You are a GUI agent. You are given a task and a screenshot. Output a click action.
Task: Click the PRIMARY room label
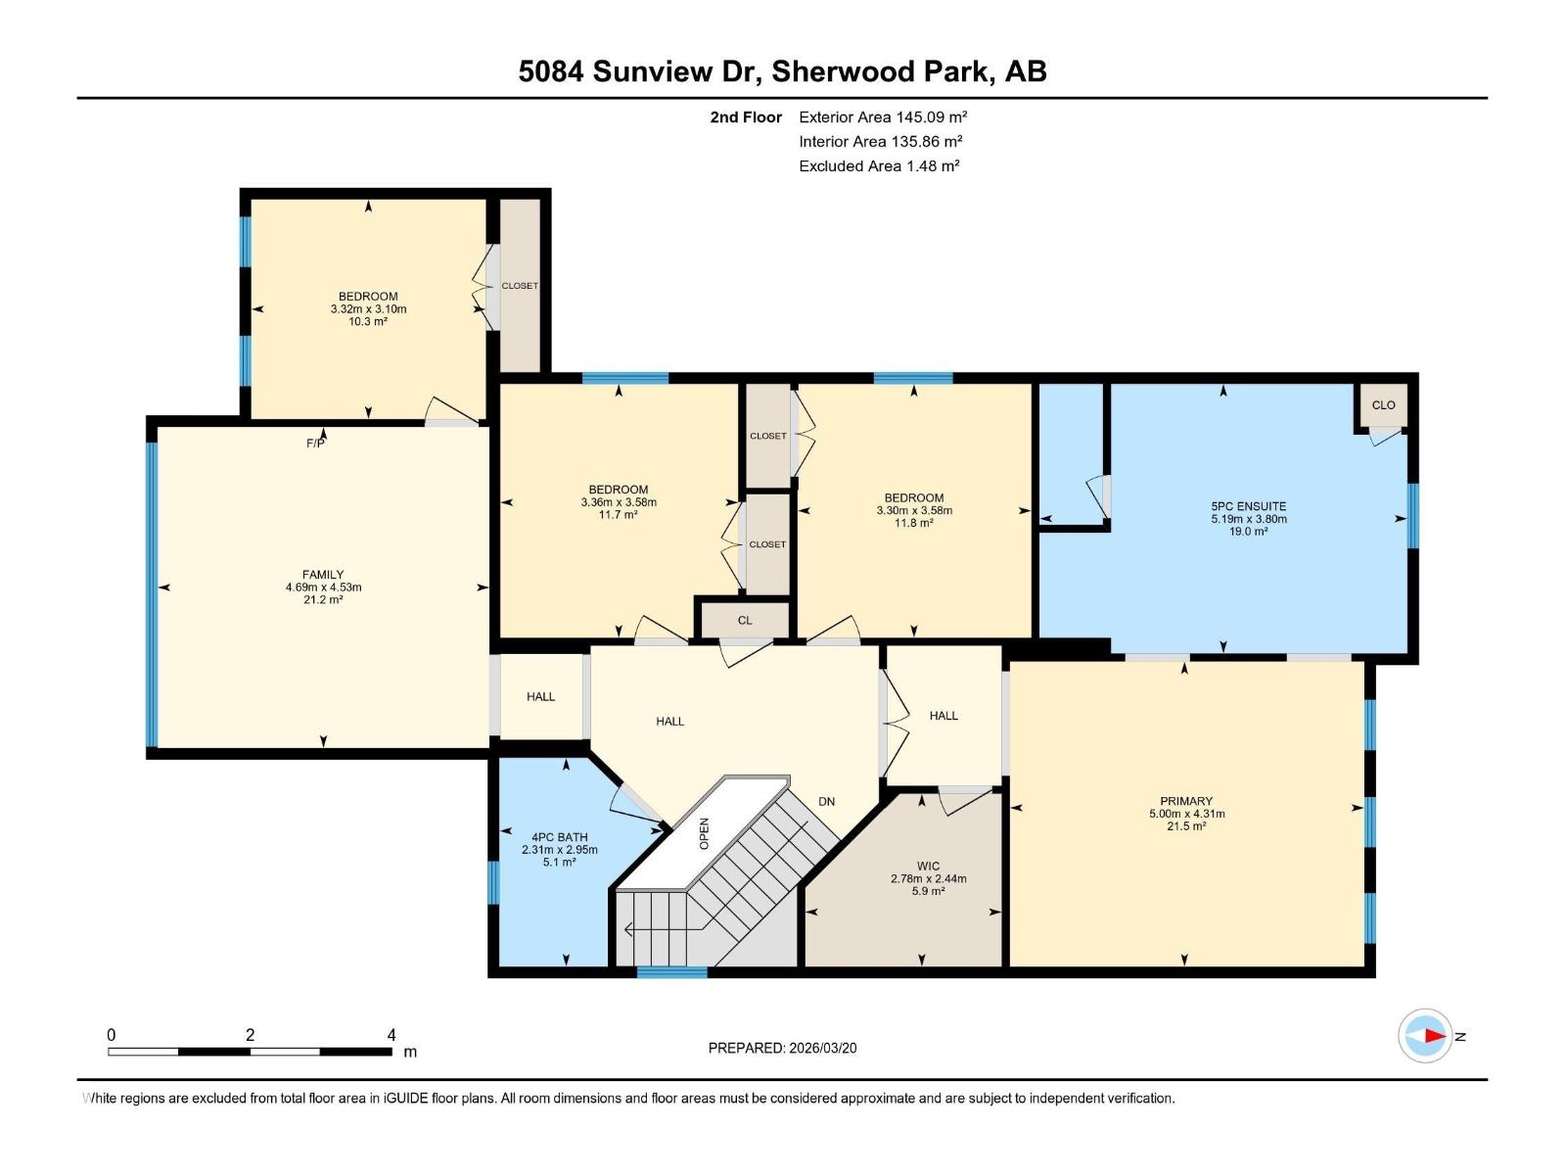coord(1186,801)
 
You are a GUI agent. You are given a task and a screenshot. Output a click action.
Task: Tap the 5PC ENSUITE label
coord(1248,506)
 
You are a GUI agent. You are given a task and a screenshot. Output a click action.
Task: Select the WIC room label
coord(928,866)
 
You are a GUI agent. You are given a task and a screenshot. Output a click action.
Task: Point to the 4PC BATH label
coord(559,837)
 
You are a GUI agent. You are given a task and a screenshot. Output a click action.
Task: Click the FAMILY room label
coord(323,575)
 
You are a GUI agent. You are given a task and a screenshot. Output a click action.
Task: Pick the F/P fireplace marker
coord(315,444)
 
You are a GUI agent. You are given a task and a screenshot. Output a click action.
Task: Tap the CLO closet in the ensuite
coord(1383,404)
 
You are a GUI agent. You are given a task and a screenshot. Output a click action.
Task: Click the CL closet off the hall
coord(745,620)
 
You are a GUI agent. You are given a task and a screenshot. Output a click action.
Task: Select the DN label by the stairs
coord(827,801)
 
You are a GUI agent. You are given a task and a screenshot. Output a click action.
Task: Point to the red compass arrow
coord(1434,1035)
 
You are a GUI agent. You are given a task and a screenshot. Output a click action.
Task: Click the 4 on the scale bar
coord(391,1035)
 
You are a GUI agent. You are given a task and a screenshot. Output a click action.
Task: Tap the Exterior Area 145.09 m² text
coord(883,117)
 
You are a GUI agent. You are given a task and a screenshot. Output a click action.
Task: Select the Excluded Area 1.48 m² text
coord(879,165)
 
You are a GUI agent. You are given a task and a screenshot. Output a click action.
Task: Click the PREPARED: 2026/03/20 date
coord(782,1048)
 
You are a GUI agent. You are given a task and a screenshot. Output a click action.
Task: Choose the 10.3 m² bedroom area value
coord(368,321)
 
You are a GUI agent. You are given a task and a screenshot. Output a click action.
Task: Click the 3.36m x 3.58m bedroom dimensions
coord(619,502)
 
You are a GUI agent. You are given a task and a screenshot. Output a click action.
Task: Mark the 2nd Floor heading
coord(746,117)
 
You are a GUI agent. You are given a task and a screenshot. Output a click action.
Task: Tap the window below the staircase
coord(671,972)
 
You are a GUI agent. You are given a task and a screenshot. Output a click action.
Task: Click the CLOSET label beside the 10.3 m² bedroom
coord(520,286)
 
